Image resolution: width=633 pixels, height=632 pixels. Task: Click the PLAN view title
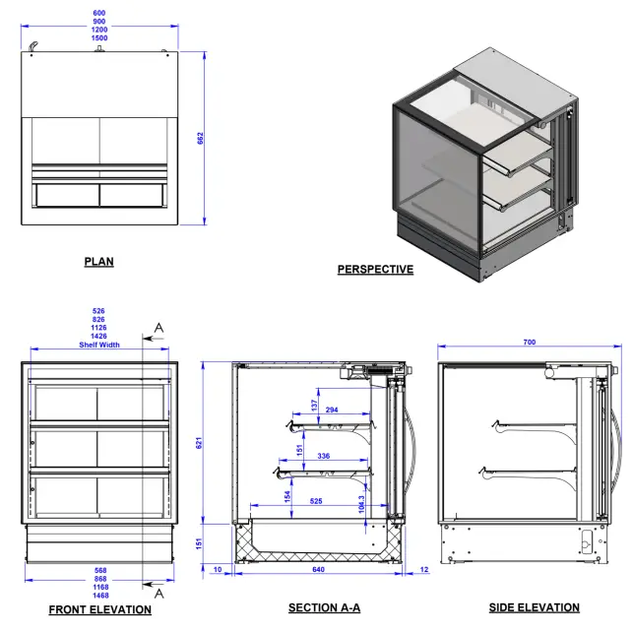(x=98, y=262)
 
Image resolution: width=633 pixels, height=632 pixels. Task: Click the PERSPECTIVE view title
(x=375, y=270)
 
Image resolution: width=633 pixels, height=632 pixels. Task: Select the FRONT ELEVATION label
(x=100, y=609)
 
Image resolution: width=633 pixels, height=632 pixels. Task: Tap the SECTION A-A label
(x=324, y=608)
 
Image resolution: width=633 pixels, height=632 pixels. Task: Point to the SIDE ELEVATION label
(x=535, y=607)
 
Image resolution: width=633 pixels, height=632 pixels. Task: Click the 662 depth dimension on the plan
(x=201, y=139)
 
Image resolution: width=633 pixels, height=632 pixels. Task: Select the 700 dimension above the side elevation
(x=529, y=343)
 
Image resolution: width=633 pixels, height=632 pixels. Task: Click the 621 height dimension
(x=198, y=444)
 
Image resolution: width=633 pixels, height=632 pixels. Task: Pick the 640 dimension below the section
(x=318, y=571)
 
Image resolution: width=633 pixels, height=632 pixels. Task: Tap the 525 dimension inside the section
(x=316, y=501)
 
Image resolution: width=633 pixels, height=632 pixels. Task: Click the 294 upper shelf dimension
(x=332, y=409)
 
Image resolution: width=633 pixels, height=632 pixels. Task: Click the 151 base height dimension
(x=198, y=544)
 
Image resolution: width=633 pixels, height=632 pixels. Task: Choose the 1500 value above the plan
(x=99, y=37)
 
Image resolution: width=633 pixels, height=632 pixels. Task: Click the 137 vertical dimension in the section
(x=314, y=405)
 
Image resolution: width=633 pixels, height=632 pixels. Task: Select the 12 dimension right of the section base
(x=423, y=571)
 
